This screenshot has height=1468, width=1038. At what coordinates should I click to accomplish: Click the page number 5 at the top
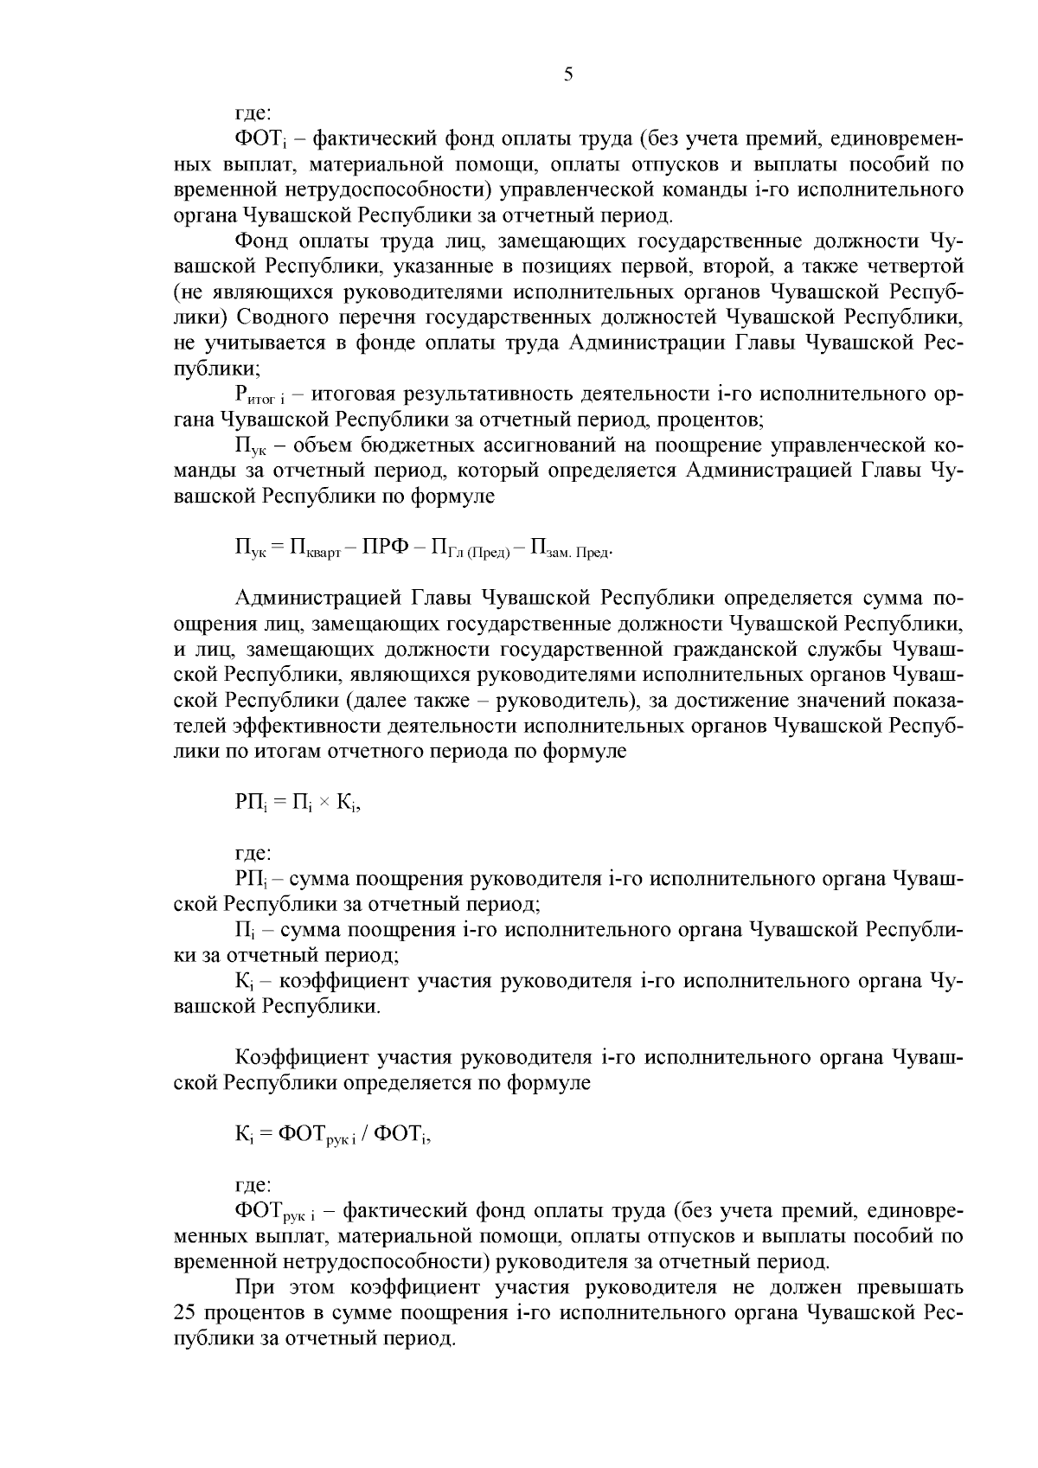coord(567,74)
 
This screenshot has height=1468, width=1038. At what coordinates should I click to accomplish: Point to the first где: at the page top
coord(253,113)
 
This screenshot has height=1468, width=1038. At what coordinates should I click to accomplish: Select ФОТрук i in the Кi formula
coord(315,1135)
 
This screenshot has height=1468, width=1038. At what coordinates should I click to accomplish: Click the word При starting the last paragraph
coord(253,1288)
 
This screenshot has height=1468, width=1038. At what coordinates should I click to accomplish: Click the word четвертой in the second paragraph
coord(919,266)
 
